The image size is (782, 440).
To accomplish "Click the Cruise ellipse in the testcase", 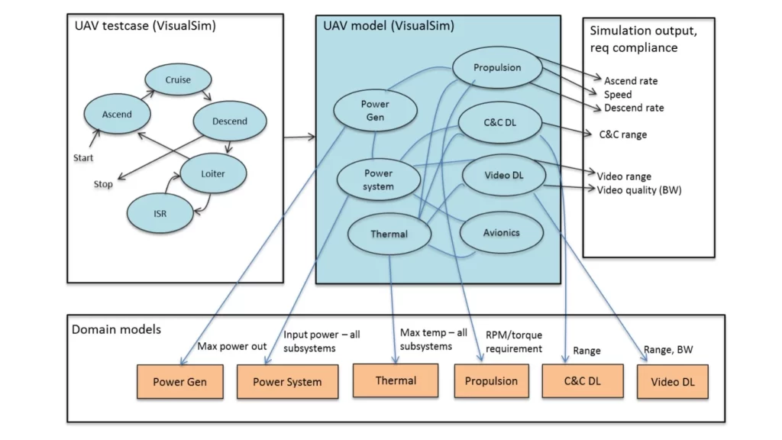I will (x=178, y=79).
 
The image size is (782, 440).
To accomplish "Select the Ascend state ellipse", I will (x=117, y=115).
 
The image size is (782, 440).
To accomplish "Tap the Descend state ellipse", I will (x=230, y=121).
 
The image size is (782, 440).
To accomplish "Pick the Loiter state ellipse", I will (x=213, y=173).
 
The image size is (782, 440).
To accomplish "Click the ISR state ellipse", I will (x=158, y=213).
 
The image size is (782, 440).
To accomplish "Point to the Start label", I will (x=83, y=158).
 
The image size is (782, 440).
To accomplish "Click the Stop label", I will (x=103, y=184).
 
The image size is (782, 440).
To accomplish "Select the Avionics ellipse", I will (x=502, y=232).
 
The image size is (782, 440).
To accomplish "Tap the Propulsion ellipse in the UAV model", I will (x=496, y=68).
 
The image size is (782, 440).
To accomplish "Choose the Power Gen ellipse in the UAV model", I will (x=375, y=111).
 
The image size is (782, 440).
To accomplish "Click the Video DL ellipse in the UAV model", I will (x=503, y=176).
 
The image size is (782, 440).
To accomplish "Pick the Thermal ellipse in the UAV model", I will (x=389, y=234).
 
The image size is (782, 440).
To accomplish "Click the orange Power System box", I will (x=287, y=381).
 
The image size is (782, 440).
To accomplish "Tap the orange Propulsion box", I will (x=491, y=380).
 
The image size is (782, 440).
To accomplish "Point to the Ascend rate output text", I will (x=630, y=81).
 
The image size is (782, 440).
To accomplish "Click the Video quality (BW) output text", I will (x=638, y=190).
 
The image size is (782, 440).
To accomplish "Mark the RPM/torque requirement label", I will (x=513, y=341).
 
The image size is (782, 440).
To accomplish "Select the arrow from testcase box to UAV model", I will (x=299, y=137).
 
